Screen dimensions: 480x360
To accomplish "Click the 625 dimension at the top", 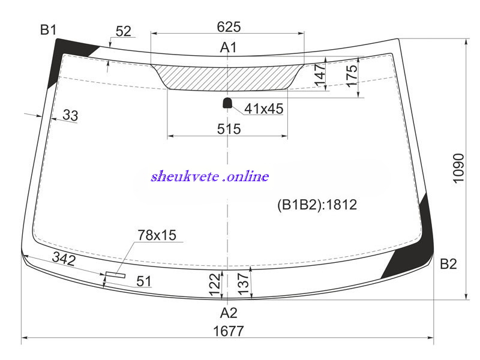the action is coord(229,26).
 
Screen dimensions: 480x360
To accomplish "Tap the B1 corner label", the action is coord(49,30).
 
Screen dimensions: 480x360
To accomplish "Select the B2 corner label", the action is coord(448,263).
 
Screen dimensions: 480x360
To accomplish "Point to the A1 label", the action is coord(229,47).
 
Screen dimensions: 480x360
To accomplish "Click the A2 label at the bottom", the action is coord(229,313).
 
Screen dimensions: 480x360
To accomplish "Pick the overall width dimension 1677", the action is coord(229,331).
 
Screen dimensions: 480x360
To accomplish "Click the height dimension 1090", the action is coord(458,168).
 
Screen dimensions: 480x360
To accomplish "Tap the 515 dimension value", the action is coord(229,129).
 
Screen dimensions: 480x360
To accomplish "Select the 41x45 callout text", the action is coord(264,109).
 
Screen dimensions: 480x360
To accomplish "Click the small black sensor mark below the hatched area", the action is coord(227,103).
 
